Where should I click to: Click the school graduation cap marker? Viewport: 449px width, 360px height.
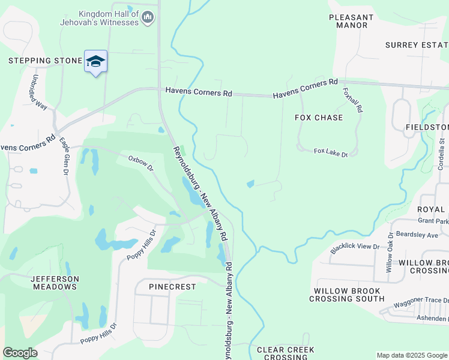[95, 61]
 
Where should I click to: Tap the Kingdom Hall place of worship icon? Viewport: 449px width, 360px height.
[148, 19]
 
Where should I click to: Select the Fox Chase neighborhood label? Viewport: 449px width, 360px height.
[319, 118]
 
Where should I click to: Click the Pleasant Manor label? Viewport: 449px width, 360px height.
[351, 22]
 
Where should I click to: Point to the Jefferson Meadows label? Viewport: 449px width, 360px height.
[55, 283]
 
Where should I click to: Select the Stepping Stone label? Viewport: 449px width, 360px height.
[45, 61]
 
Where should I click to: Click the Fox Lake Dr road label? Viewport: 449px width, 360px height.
[331, 152]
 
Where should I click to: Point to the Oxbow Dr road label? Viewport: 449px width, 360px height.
[141, 162]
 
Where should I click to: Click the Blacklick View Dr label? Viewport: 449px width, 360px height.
[355, 247]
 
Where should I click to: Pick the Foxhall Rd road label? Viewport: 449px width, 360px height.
[353, 100]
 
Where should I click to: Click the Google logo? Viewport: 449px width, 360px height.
[20, 353]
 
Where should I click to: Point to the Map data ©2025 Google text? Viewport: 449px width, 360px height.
[411, 355]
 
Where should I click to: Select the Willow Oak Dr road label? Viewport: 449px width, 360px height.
[389, 253]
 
